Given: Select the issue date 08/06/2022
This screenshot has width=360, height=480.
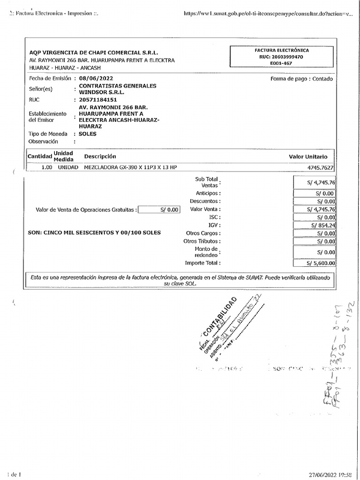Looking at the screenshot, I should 96,79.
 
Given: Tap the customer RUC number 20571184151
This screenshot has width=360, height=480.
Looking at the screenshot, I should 98,100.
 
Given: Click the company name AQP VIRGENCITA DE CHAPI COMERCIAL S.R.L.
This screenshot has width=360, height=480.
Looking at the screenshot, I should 94,52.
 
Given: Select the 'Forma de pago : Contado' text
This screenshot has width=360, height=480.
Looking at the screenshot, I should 301,79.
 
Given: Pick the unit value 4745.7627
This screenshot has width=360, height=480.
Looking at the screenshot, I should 321,167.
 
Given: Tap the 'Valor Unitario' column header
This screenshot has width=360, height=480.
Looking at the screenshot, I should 308,157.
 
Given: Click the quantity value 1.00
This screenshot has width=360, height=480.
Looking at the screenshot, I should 46,167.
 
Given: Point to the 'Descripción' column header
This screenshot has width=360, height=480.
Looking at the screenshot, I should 100,156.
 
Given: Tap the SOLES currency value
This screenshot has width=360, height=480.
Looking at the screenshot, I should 88,134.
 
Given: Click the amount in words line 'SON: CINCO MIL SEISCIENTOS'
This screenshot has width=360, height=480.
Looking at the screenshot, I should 94,232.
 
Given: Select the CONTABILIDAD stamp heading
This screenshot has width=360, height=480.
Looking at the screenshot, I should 220,316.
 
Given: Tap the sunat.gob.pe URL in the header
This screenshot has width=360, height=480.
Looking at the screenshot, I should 269,14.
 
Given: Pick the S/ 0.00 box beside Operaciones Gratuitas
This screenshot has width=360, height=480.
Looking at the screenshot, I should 159,210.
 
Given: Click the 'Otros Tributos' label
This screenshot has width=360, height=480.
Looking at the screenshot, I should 202,241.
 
